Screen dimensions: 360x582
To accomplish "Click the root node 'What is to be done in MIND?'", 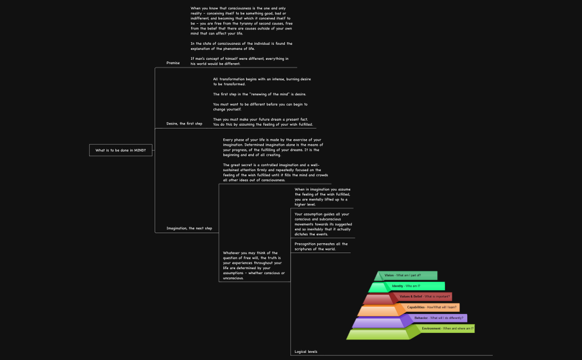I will tap(121, 150).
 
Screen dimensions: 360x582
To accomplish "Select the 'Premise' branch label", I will tap(173, 63).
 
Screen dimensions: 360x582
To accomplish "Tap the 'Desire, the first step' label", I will tap(184, 124).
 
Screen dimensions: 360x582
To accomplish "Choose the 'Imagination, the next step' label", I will tap(189, 228).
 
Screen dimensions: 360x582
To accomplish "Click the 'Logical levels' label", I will tap(306, 352).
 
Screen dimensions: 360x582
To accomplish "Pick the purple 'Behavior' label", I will tap(439, 318).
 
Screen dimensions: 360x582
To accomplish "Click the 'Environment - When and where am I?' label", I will tap(447, 328).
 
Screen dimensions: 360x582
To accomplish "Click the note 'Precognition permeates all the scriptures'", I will tap(321, 246).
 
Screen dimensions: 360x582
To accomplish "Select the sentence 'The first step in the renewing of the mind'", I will tap(259, 94).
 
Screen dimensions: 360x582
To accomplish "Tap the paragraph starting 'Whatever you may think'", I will tap(254, 265).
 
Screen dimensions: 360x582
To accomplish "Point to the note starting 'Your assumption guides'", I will tap(322, 224).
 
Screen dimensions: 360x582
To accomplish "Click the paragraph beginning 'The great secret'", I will tap(272, 172).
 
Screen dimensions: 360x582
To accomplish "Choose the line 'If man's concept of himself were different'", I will tap(239, 61).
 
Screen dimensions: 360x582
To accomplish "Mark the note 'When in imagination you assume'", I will tap(322, 197).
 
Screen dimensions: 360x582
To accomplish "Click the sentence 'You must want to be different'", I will tap(260, 106).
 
